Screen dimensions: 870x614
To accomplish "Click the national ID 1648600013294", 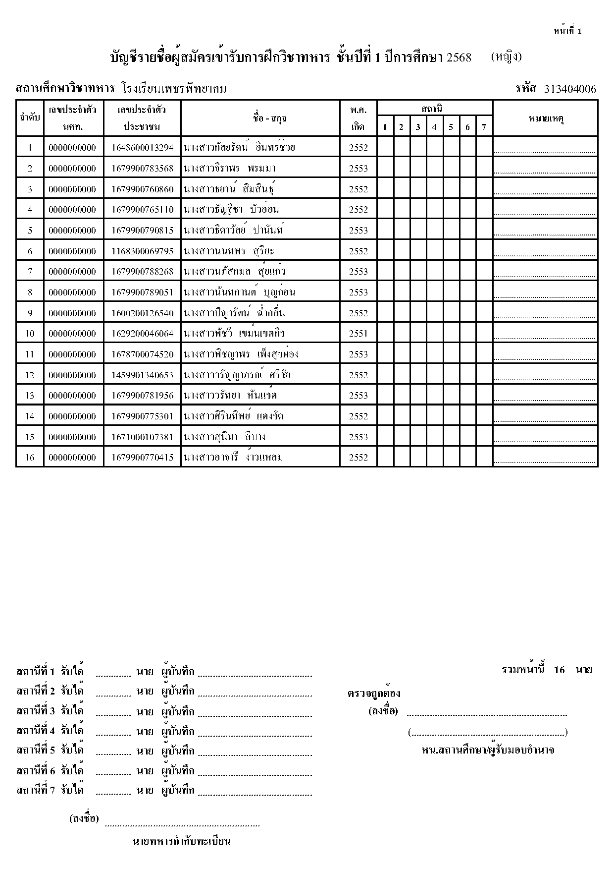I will point(143,148).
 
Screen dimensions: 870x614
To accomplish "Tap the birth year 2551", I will point(358,334).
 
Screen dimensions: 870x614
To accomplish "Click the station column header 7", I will point(484,127).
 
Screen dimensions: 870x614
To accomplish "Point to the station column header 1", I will point(385,127).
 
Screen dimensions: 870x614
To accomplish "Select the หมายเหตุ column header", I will point(545,118).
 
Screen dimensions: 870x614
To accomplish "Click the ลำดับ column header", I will point(30,118).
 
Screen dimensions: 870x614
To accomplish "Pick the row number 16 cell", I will point(30,458).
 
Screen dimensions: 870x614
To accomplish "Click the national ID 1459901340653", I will point(143,375).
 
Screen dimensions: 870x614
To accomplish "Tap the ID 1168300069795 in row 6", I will point(143,251).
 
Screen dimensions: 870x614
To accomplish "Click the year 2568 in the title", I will point(459,58).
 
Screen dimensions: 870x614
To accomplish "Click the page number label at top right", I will point(567,31).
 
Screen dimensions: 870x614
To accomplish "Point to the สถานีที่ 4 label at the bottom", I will point(36,731).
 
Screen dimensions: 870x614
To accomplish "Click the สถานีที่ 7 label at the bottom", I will point(36,790).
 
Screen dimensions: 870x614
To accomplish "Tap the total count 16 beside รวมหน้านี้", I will point(559,670).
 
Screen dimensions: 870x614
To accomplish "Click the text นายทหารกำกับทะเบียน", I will point(182,841).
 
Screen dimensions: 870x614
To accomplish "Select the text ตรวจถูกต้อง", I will point(374,694).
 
